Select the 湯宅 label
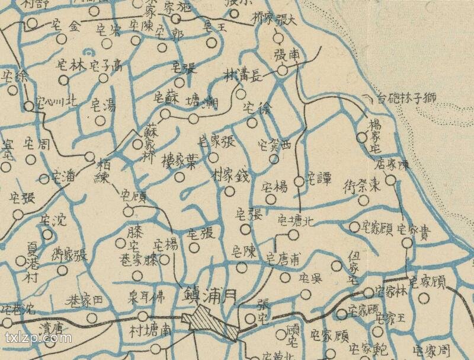[103, 107]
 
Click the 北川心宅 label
[56, 101]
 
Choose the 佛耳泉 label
[148, 296]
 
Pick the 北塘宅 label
[296, 222]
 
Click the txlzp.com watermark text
[38, 340]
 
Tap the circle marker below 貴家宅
[406, 243]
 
